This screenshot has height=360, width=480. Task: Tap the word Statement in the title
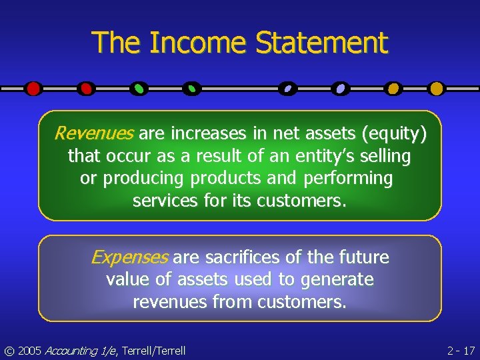(321, 43)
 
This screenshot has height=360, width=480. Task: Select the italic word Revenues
(94, 134)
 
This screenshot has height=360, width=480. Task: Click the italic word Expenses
(129, 257)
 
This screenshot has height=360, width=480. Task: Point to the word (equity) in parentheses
(393, 134)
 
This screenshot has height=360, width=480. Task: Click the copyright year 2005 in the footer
(29, 350)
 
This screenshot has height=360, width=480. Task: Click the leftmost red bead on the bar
(33, 88)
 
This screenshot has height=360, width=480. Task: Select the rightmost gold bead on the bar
(436, 88)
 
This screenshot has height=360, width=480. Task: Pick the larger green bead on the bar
(139, 88)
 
